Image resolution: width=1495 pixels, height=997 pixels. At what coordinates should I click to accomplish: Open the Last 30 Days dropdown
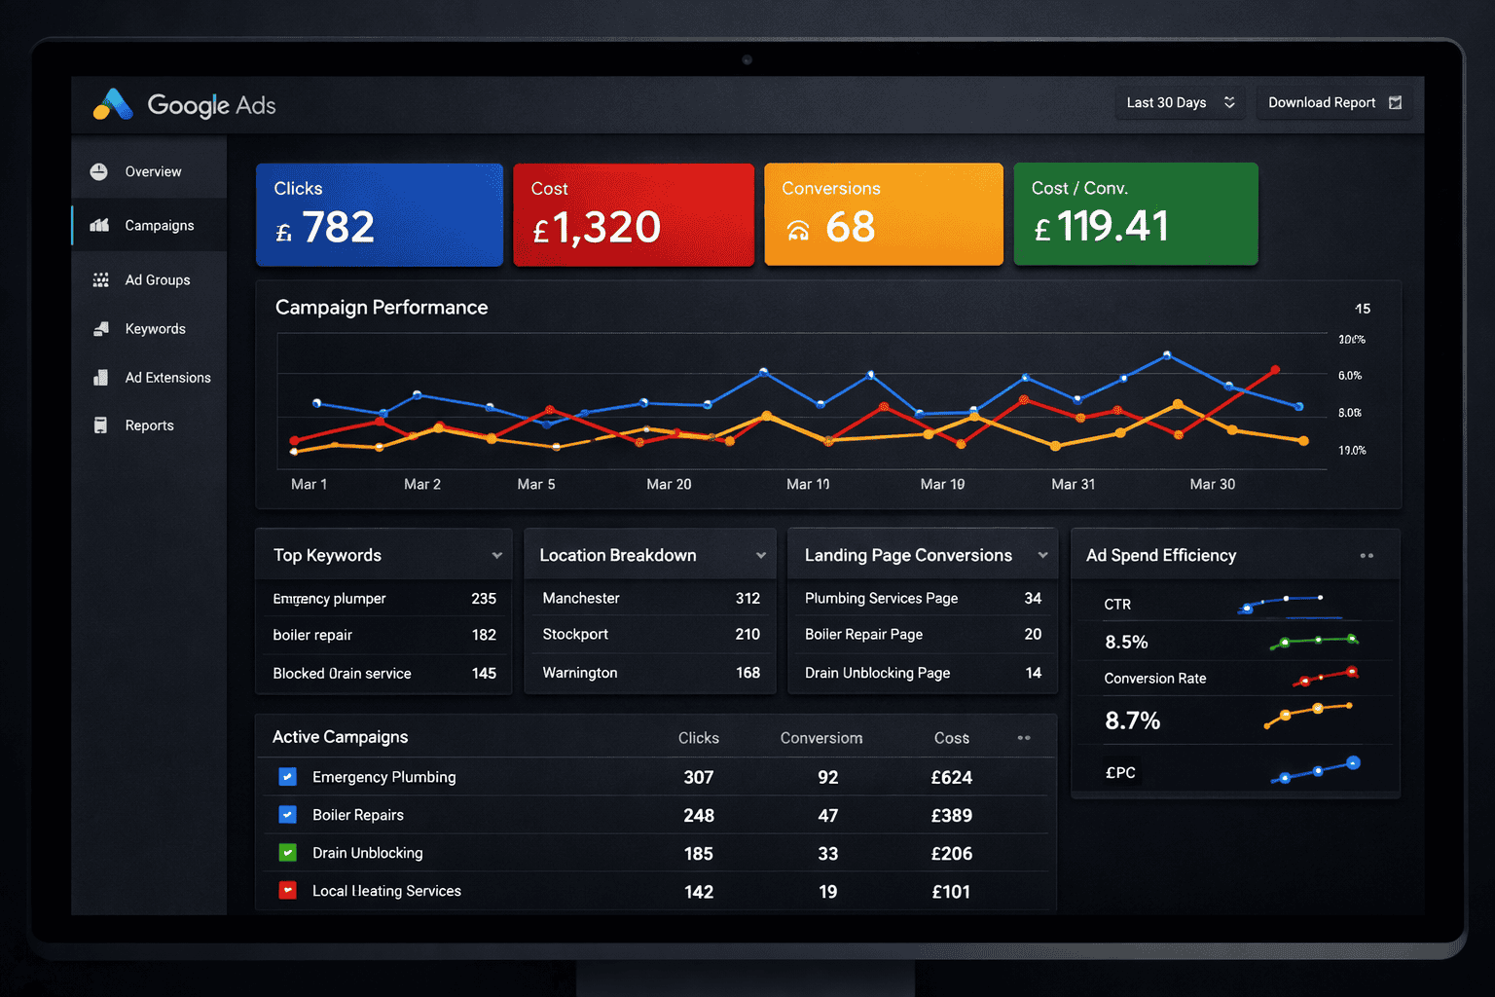click(1180, 102)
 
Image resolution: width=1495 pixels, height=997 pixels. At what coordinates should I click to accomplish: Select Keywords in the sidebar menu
click(155, 329)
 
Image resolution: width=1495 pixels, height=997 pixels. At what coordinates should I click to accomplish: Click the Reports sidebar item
click(149, 425)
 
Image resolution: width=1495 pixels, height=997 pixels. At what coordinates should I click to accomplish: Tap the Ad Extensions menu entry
click(167, 378)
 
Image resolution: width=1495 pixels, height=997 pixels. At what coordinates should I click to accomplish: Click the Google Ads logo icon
click(113, 104)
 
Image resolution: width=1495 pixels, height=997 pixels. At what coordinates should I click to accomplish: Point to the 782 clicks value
click(338, 227)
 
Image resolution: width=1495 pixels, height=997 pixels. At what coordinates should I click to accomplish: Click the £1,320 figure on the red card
click(605, 228)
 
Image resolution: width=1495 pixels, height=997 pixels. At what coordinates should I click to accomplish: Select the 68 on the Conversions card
click(850, 227)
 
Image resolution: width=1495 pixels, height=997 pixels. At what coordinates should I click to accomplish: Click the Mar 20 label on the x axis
click(669, 484)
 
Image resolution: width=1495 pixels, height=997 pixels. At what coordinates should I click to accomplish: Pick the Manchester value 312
click(747, 598)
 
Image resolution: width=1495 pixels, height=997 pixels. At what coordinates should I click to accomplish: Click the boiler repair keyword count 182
click(484, 635)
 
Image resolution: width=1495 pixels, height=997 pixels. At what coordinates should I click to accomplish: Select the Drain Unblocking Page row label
click(877, 673)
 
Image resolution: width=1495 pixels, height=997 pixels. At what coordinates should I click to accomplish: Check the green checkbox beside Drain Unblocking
click(287, 853)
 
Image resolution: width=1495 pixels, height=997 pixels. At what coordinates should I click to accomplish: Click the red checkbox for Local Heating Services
click(287, 891)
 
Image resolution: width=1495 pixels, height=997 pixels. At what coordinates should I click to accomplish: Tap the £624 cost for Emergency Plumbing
click(951, 777)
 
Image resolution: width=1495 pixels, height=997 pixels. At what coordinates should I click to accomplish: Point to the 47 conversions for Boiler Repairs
click(827, 815)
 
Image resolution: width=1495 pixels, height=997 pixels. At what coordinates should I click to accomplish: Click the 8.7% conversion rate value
click(1132, 720)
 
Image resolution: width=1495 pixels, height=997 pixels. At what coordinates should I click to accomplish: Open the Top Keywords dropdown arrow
click(496, 556)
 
